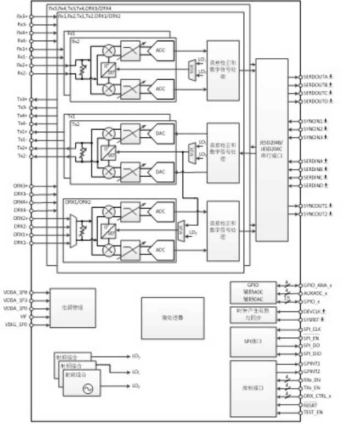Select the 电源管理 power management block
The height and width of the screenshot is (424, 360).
(x=72, y=308)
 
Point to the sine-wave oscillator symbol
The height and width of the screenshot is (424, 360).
(x=87, y=389)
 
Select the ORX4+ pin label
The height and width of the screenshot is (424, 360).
(x=21, y=202)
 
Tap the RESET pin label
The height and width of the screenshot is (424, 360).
(x=311, y=404)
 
